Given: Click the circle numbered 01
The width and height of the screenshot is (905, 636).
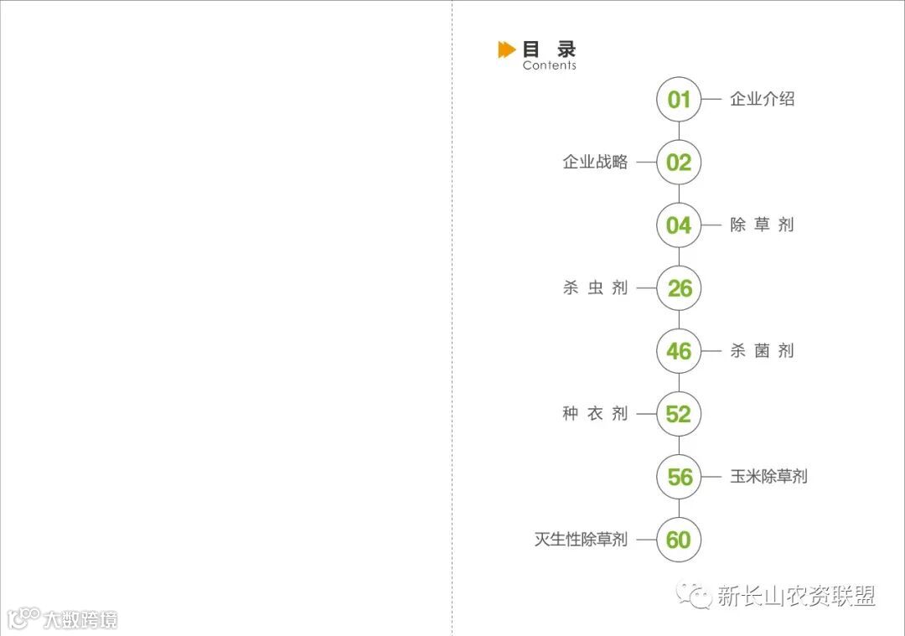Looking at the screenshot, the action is pyautogui.click(x=679, y=100).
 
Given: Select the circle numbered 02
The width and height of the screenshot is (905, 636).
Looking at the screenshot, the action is pyautogui.click(x=679, y=163).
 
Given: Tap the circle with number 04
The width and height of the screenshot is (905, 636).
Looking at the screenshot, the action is pyautogui.click(x=679, y=225).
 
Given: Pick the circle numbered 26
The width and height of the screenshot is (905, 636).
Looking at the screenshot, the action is pyautogui.click(x=679, y=288).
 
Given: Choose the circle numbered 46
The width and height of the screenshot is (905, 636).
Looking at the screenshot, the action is pyautogui.click(x=679, y=351).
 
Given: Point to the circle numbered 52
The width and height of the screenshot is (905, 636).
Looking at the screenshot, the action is pyautogui.click(x=679, y=414).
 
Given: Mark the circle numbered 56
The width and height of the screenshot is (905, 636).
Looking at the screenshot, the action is pyautogui.click(x=679, y=477).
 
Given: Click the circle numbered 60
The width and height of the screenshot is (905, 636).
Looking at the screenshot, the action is pyautogui.click(x=679, y=540).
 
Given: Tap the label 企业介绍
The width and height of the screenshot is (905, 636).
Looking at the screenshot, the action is pyautogui.click(x=762, y=99).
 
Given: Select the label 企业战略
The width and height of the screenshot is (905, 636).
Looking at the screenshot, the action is pyautogui.click(x=595, y=163).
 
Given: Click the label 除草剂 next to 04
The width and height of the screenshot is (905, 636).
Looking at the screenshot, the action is pyautogui.click(x=762, y=225).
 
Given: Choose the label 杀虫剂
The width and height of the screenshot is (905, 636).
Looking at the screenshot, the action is pyautogui.click(x=595, y=288).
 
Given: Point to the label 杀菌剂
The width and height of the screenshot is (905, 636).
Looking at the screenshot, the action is pyautogui.click(x=762, y=350).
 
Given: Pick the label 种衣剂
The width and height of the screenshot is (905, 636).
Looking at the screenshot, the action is pyautogui.click(x=595, y=414).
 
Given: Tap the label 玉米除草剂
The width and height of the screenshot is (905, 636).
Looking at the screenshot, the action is pyautogui.click(x=768, y=476).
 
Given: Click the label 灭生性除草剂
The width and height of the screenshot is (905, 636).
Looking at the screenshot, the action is pyautogui.click(x=581, y=540).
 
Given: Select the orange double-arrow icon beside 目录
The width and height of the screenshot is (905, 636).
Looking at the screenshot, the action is pyautogui.click(x=506, y=50).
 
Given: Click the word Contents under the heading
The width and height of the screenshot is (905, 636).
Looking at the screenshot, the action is pyautogui.click(x=549, y=65).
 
